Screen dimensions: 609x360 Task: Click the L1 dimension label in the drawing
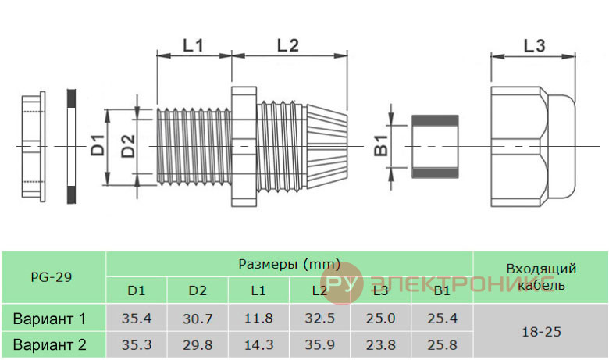(x=193, y=45)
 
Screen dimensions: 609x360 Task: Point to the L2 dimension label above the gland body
(x=288, y=45)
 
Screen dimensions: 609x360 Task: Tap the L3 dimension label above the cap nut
(x=534, y=46)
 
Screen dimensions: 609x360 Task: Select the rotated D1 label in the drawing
(x=98, y=145)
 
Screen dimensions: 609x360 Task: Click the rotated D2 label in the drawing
(x=128, y=145)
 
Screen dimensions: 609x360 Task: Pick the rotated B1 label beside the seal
(x=381, y=145)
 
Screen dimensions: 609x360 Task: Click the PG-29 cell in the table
(x=52, y=277)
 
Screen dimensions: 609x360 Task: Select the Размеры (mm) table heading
(x=290, y=265)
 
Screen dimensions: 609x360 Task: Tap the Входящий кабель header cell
(x=541, y=277)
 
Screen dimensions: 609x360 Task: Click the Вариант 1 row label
(x=49, y=319)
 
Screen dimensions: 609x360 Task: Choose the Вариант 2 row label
(x=49, y=345)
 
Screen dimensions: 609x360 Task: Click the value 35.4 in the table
(x=137, y=319)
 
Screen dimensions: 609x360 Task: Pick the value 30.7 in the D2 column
(x=198, y=319)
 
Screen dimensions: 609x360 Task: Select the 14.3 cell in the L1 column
(x=258, y=345)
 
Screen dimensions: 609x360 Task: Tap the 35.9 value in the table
(x=319, y=344)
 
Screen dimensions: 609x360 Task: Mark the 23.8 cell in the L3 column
(x=381, y=345)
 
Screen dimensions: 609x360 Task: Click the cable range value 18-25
(x=541, y=332)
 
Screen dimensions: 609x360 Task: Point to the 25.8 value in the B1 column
(x=442, y=345)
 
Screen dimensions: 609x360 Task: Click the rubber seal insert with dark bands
(x=435, y=146)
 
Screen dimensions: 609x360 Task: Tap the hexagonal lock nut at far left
(x=34, y=146)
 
